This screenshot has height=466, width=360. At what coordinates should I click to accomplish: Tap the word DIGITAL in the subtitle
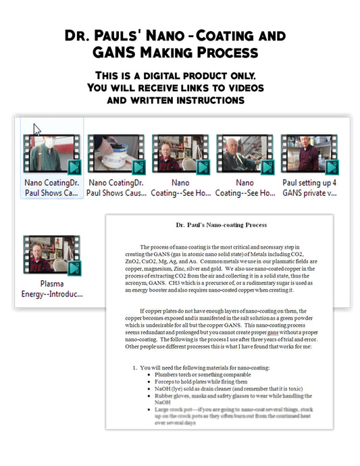[x=172, y=75]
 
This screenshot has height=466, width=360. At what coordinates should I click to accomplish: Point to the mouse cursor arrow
[x=37, y=129]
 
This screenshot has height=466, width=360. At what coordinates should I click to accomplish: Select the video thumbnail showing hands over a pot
[x=115, y=154]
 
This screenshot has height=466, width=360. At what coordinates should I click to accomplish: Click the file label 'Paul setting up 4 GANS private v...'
[x=309, y=187]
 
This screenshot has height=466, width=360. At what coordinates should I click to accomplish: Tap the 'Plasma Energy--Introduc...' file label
[x=51, y=288]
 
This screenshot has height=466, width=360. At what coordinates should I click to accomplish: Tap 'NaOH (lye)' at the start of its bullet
[x=171, y=390]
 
